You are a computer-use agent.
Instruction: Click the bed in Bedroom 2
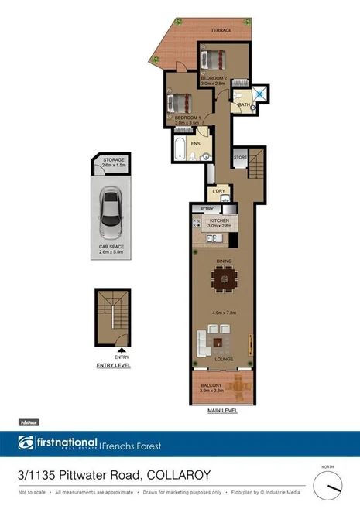point(213,58)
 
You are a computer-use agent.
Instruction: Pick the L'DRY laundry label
point(218,190)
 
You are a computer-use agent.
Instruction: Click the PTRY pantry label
point(207,209)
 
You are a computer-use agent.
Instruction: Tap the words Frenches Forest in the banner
point(136,444)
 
